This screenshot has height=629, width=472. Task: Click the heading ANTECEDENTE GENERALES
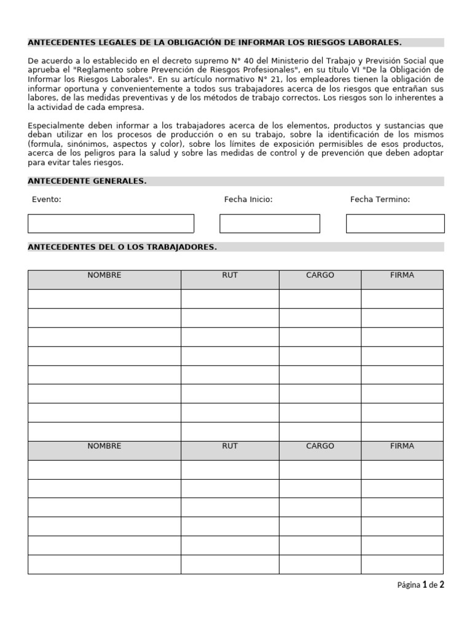(x=87, y=181)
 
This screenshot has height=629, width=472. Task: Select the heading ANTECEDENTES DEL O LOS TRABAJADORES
(x=122, y=247)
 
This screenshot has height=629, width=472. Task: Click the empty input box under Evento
(x=111, y=224)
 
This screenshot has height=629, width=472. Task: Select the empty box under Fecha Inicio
(x=270, y=224)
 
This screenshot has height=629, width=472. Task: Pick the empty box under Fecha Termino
(x=395, y=224)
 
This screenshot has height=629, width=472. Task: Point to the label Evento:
(x=47, y=200)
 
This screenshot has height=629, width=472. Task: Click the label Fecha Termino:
(x=380, y=200)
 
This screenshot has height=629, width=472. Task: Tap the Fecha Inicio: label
(x=248, y=200)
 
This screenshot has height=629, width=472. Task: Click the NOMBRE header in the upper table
(x=104, y=275)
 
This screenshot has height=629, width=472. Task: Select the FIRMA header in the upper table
(x=402, y=275)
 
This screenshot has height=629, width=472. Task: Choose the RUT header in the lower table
(x=230, y=446)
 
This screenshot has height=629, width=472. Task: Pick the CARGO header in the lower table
(x=320, y=446)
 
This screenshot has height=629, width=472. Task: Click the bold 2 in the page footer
(x=441, y=585)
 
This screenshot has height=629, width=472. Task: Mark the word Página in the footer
(x=409, y=585)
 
